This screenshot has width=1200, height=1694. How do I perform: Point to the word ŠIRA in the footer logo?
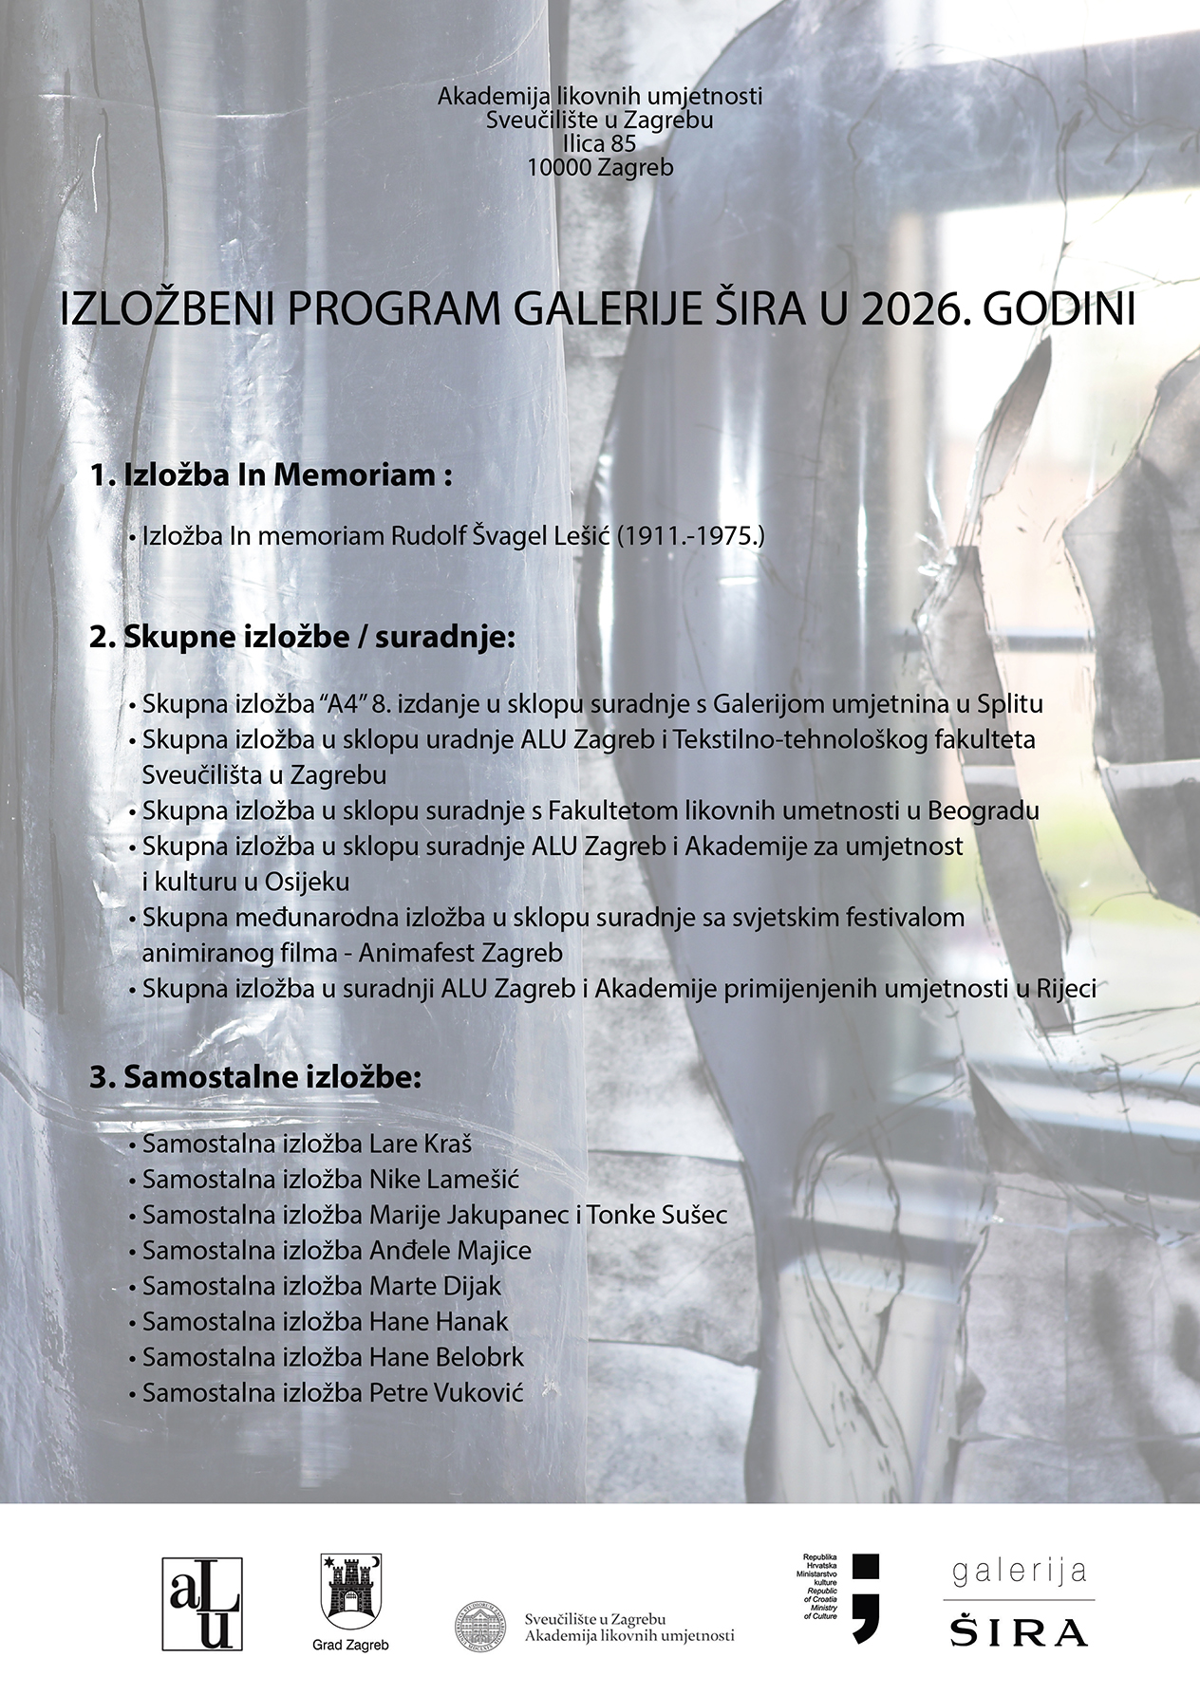[x=1019, y=1631]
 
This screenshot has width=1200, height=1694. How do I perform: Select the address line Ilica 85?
[x=599, y=143]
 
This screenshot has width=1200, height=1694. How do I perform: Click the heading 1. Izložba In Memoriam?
[x=270, y=475]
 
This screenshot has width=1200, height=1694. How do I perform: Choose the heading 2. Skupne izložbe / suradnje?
[x=302, y=638]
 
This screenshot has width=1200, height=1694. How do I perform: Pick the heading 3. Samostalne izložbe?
[x=255, y=1078]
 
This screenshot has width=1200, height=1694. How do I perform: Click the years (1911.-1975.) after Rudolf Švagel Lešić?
[x=690, y=536]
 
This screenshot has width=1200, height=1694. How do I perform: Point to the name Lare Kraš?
[x=420, y=1144]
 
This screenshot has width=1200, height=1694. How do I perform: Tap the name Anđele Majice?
[x=449, y=1251]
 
